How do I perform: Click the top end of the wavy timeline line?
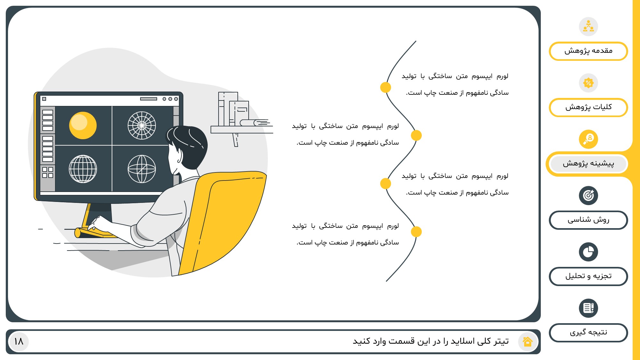pos(416,41)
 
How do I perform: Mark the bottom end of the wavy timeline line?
pos(386,282)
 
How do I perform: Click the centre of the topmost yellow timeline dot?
pos(386,87)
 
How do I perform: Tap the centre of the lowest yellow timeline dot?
pos(416,232)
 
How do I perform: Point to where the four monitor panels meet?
pos(112,145)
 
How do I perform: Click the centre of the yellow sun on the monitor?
pos(83,125)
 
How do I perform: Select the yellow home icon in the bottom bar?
pos(527,341)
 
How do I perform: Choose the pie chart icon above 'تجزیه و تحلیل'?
pos(588,252)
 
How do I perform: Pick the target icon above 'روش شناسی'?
pos(588,196)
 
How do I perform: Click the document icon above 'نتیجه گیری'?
pos(588,308)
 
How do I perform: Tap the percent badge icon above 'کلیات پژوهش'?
pos(588,83)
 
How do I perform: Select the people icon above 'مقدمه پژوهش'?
pos(588,27)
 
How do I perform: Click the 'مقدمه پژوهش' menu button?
pos(588,51)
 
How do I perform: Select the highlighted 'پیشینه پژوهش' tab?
pos(588,164)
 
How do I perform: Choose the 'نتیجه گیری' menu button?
pos(588,333)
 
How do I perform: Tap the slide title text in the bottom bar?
pos(431,341)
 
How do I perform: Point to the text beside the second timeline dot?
pos(346,134)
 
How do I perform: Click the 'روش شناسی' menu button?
pos(588,220)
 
